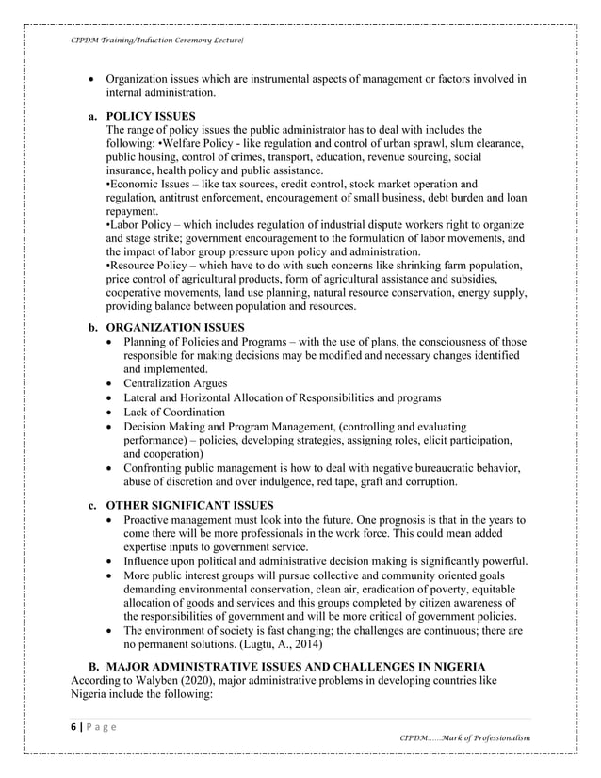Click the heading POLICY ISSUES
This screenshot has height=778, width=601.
151,115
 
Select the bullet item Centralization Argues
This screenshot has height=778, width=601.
175,383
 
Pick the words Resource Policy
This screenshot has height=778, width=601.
152,266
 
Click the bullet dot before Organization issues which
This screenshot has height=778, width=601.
90,79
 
